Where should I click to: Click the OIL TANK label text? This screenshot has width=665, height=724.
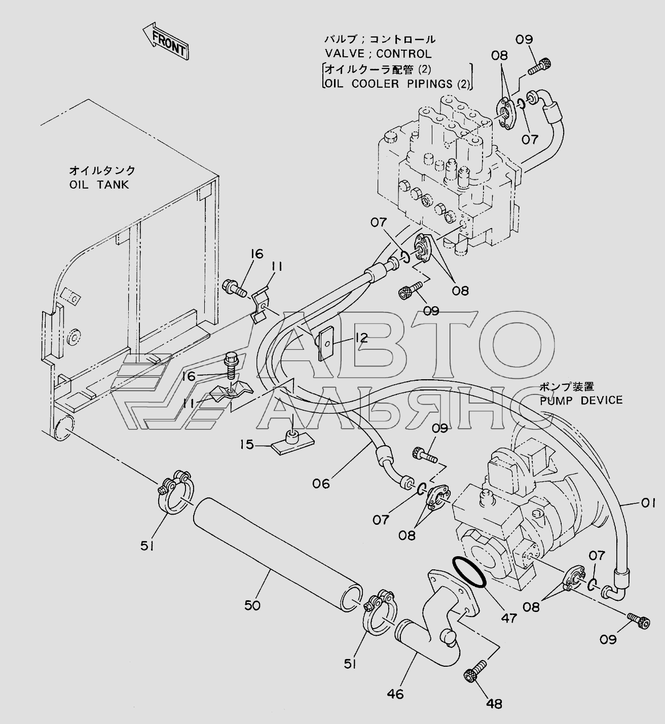click(99, 185)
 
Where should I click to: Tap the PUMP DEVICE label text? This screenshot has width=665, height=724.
click(581, 400)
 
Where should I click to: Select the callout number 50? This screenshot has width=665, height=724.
click(252, 605)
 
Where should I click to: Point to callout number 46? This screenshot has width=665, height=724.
click(395, 694)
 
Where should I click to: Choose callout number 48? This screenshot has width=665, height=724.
click(494, 703)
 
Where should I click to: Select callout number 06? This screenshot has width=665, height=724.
click(321, 483)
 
